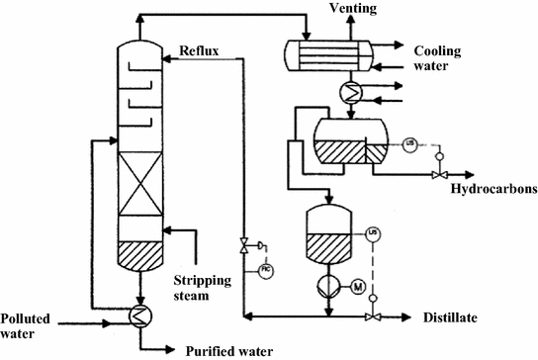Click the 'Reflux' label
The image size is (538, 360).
tap(201, 50)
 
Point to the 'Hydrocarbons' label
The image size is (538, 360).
tap(493, 188)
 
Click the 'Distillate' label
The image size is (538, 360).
tap(456, 317)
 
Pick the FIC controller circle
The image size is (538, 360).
tap(266, 270)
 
